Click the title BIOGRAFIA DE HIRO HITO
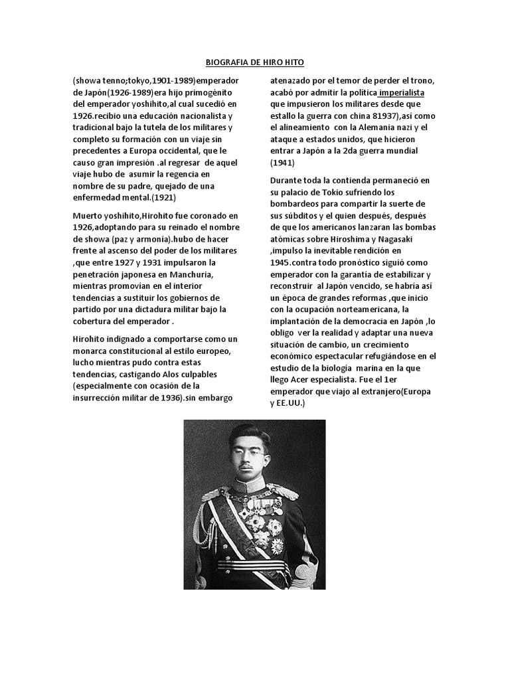point(255,62)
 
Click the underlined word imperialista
point(401,92)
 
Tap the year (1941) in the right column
point(282,162)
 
